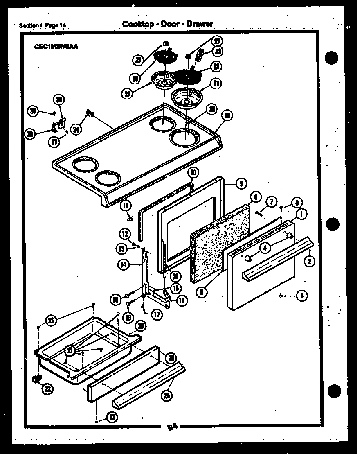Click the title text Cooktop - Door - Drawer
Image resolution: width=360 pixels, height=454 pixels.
tap(167, 24)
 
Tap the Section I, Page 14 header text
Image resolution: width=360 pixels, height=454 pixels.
tap(43, 26)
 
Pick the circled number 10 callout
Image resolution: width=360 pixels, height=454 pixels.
tap(193, 172)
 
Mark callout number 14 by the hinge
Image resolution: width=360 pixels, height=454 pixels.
tap(124, 265)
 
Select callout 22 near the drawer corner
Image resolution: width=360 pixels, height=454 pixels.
tap(48, 389)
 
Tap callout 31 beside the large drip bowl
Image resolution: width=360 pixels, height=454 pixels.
tap(216, 84)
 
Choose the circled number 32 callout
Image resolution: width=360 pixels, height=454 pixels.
tap(215, 66)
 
